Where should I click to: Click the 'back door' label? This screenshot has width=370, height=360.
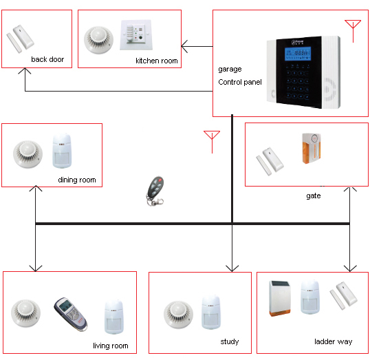click(47, 60)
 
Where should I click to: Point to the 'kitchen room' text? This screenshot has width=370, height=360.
click(157, 61)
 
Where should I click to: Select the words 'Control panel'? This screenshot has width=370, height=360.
click(240, 83)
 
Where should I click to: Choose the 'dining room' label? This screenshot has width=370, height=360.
click(77, 181)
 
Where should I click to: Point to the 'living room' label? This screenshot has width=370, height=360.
click(110, 346)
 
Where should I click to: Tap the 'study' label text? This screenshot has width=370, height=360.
click(230, 342)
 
